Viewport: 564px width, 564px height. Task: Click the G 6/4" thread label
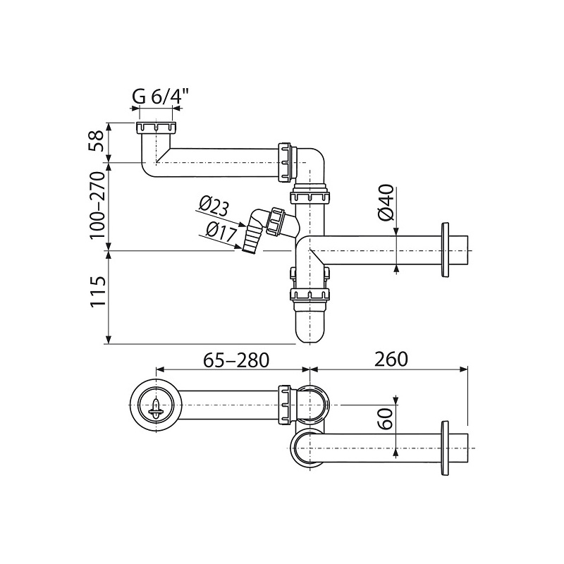coord(161,97)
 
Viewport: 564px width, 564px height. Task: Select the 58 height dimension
coord(97,141)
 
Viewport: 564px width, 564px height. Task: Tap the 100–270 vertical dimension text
coord(97,205)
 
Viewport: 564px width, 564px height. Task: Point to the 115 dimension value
coord(98,291)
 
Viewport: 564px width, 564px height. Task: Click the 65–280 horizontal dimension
coord(236,360)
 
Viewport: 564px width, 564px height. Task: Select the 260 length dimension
coord(391,359)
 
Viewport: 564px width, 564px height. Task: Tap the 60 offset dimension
coord(386,418)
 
